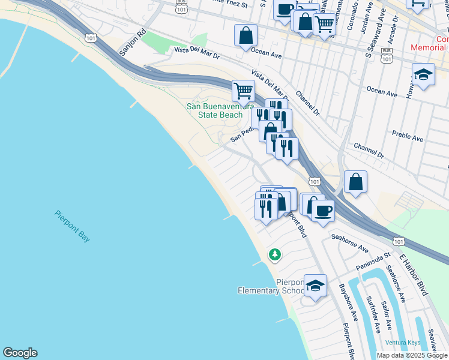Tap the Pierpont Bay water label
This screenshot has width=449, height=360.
click(72, 226)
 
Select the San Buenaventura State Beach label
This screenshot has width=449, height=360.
click(214, 110)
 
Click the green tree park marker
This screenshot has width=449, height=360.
click(275, 255)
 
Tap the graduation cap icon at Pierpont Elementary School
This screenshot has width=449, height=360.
click(315, 286)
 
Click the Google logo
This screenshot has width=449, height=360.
click(20, 353)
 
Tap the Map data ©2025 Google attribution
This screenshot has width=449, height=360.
click(411, 355)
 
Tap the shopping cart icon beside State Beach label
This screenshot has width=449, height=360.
click(243, 91)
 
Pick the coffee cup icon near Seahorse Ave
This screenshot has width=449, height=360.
click(323, 211)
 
